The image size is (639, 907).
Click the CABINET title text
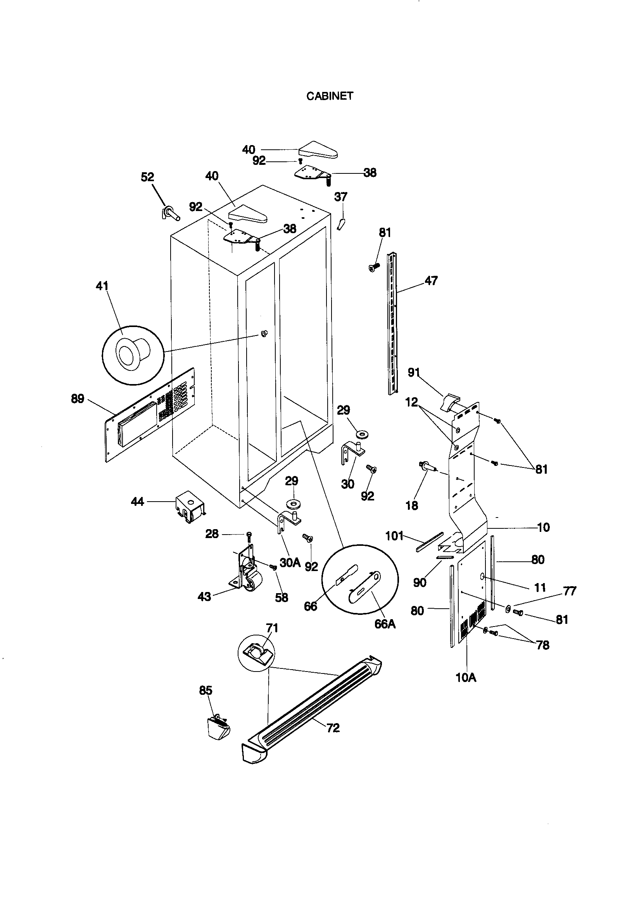(x=330, y=96)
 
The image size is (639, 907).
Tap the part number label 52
(x=147, y=177)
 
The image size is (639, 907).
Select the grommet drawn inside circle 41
(x=132, y=353)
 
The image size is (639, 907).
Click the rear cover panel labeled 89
(x=150, y=415)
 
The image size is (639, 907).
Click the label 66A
(x=385, y=624)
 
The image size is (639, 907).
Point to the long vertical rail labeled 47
(x=392, y=324)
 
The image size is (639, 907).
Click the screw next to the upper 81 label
(x=374, y=267)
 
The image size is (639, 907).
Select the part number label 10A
(x=466, y=678)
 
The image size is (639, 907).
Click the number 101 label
(x=394, y=536)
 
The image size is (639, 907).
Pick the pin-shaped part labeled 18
(x=428, y=467)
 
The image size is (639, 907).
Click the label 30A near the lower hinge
(x=290, y=563)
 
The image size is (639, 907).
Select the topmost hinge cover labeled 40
(x=318, y=150)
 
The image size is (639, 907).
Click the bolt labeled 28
(x=249, y=536)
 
